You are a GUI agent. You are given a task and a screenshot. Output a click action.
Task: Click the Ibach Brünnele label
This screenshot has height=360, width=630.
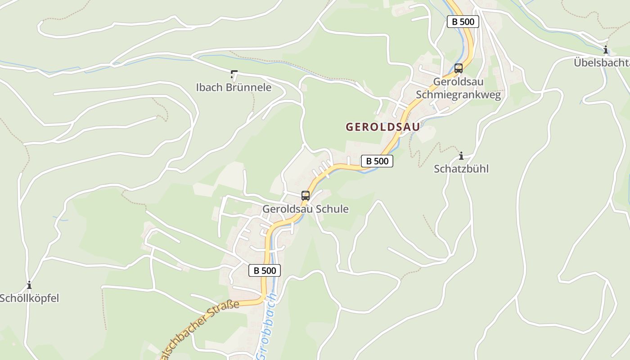pyautogui.click(x=234, y=87)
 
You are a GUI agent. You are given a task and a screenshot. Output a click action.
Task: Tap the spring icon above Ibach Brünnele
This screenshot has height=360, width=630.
pyautogui.click(x=234, y=74)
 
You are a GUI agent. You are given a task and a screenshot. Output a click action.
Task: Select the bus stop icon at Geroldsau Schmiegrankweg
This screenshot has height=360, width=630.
pyautogui.click(x=458, y=68)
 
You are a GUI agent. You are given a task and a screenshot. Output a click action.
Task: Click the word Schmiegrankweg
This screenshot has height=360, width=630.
pyautogui.click(x=458, y=95)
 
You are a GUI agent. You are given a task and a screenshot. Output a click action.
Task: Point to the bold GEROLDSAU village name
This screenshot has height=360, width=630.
pyautogui.click(x=382, y=127)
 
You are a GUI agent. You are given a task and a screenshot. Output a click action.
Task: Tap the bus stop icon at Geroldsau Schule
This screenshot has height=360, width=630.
pyautogui.click(x=306, y=196)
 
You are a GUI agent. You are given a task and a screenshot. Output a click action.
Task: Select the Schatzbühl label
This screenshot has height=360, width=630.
pyautogui.click(x=461, y=169)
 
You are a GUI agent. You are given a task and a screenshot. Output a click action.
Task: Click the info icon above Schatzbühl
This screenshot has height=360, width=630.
pyautogui.click(x=461, y=156)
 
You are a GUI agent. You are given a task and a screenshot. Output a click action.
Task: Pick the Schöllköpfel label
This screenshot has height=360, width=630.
pyautogui.click(x=29, y=298)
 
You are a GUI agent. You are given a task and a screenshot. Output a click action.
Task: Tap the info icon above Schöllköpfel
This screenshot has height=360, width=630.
pyautogui.click(x=29, y=285)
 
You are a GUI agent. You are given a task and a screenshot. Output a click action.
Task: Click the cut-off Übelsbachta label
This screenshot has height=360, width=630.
pyautogui.click(x=602, y=63)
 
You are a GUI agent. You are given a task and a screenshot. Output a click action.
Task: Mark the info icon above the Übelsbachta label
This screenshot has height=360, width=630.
pyautogui.click(x=606, y=50)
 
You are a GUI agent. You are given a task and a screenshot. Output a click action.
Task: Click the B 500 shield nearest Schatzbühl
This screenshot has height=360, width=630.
pyautogui.click(x=377, y=161)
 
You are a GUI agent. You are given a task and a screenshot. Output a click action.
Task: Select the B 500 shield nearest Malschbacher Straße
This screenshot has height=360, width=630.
pyautogui.click(x=265, y=270)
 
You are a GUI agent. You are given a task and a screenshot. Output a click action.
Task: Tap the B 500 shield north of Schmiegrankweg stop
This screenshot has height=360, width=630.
pyautogui.click(x=463, y=22)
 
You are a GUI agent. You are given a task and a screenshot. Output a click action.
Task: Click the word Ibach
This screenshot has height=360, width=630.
pyautogui.click(x=209, y=87)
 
